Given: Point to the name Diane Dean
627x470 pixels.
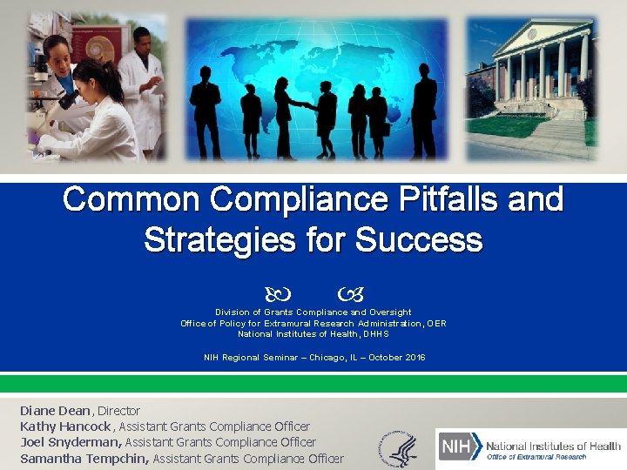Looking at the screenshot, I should point(54,411).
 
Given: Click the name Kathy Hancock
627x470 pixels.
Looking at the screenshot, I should point(65,426).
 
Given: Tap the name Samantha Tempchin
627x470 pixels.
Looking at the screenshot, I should point(84,459).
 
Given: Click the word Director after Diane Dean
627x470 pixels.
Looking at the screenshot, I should point(118,411).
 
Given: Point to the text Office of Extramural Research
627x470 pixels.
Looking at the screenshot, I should point(536,457).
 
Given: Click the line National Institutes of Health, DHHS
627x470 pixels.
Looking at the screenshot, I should point(313,334).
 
